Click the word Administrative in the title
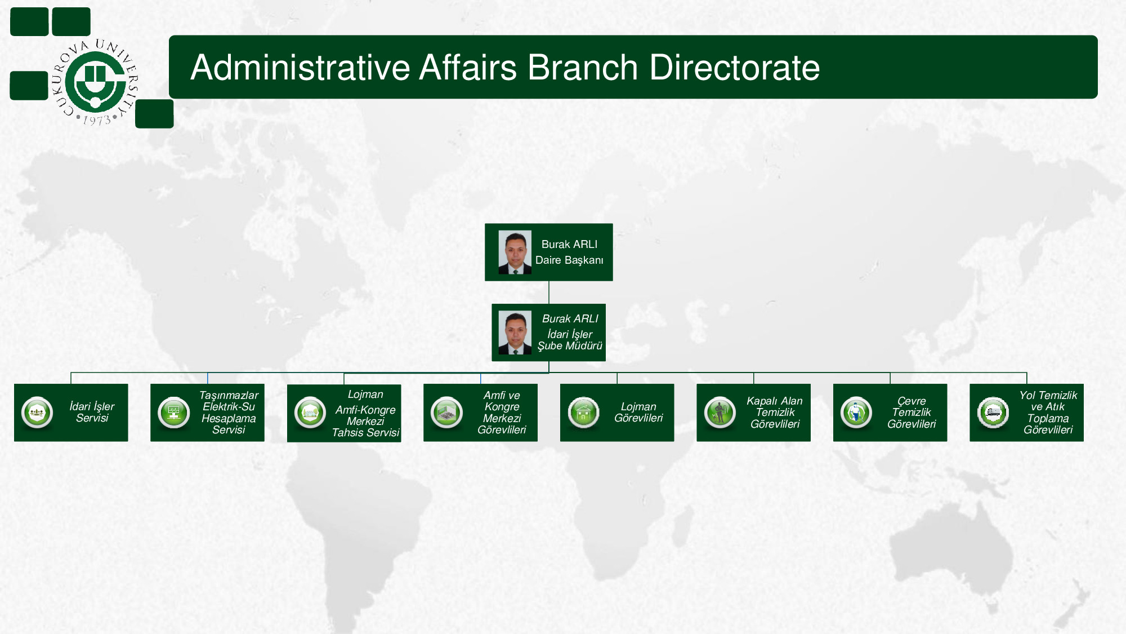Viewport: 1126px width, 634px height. pos(301,68)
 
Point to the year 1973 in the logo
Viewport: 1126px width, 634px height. pos(97,120)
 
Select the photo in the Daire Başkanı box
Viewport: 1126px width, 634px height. pos(515,252)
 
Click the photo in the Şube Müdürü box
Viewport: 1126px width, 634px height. pos(515,332)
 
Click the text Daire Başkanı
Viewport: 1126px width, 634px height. pos(569,260)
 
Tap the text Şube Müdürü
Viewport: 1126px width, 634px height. pos(570,346)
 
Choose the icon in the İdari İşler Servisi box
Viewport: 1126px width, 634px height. pos(37,413)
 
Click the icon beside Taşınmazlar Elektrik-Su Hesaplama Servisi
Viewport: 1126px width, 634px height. pos(173,413)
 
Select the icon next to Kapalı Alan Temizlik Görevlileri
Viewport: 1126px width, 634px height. pos(720,413)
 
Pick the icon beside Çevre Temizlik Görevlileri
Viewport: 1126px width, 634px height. pos(856,413)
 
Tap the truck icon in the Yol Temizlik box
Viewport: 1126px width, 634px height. pos(993,413)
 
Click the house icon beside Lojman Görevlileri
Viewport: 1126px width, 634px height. pos(583,413)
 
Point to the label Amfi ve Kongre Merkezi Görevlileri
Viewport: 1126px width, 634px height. pos(502,413)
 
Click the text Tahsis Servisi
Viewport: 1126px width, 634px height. pos(365,433)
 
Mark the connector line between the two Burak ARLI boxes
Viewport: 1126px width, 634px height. pos(549,292)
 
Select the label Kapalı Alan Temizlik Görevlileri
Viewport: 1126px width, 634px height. pos(775,413)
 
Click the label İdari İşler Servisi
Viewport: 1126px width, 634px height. pos(92,413)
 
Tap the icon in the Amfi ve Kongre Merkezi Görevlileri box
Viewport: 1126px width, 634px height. pos(446,413)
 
